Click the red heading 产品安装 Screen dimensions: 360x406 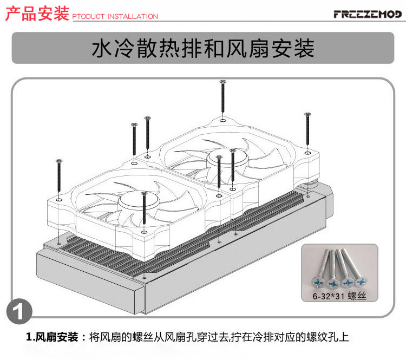37,14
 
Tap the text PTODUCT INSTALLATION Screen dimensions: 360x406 115,17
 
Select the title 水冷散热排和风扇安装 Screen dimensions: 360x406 203,48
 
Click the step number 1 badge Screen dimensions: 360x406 21,313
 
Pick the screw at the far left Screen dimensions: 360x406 59,178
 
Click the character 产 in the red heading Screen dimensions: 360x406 13,14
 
